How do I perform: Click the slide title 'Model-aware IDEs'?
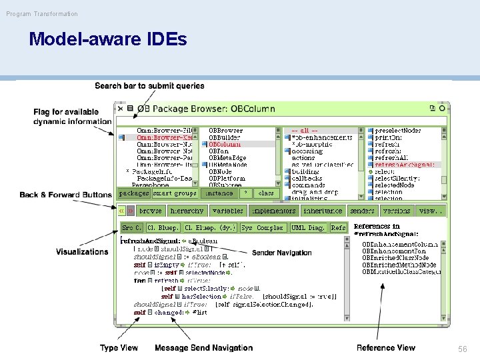[x=108, y=40]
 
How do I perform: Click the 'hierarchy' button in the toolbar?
[x=187, y=211]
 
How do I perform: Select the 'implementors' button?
[x=273, y=211]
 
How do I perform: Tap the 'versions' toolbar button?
[x=396, y=211]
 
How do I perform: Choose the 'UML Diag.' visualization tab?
[x=307, y=228]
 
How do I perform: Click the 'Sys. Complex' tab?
[x=262, y=228]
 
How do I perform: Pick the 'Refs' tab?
[x=339, y=228]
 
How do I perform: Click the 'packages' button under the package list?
[x=133, y=193]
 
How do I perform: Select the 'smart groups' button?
[x=175, y=193]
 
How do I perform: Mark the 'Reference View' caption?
[x=385, y=348]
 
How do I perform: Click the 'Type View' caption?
[x=119, y=348]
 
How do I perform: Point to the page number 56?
[x=462, y=349]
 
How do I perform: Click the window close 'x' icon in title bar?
[x=120, y=108]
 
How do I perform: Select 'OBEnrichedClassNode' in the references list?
[x=395, y=258]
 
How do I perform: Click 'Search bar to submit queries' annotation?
[x=149, y=86]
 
